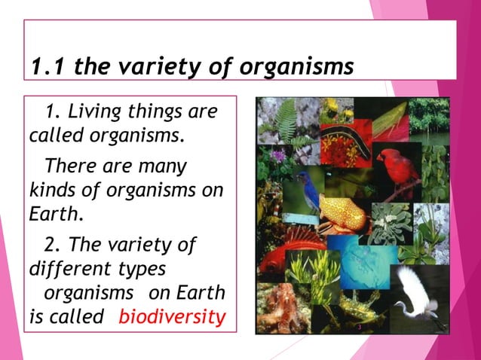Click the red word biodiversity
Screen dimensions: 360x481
click(x=172, y=317)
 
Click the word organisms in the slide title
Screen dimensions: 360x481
click(x=299, y=67)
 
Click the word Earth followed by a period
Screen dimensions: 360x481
click(x=55, y=213)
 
